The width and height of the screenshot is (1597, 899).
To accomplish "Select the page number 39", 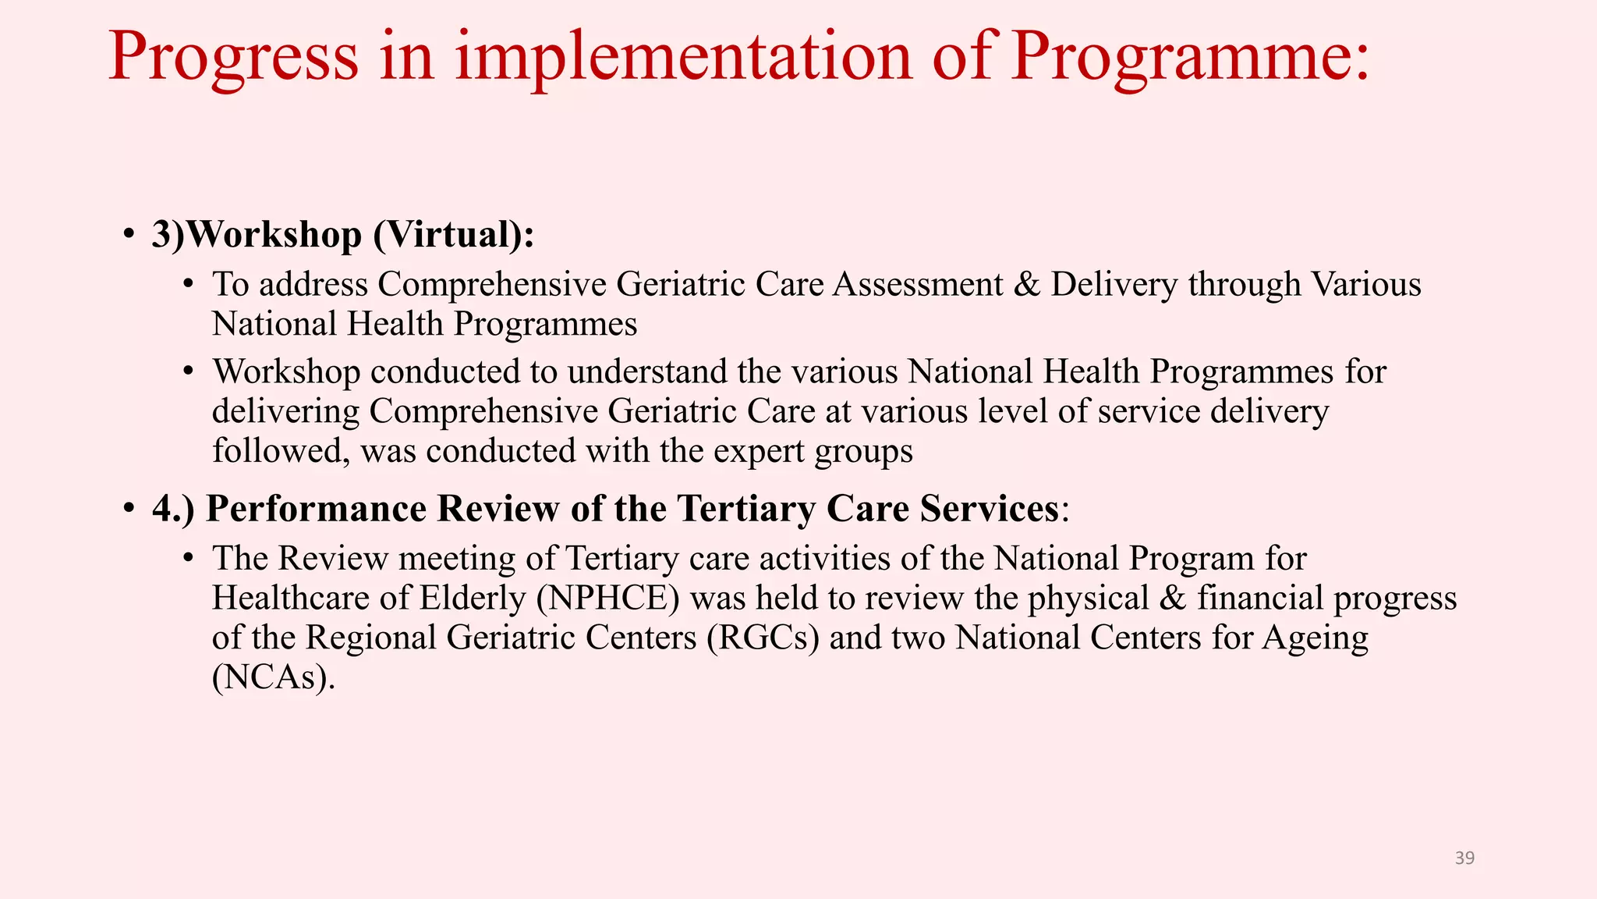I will pos(1464,858).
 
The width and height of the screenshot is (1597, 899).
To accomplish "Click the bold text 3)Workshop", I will pos(257,234).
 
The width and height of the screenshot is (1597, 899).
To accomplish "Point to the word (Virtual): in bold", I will pos(454,234).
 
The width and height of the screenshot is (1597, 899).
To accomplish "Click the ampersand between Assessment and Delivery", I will pos(1027,284).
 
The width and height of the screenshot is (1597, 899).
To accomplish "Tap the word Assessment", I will pos(918,284).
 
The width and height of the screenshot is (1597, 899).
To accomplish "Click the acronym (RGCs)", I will pos(763,638).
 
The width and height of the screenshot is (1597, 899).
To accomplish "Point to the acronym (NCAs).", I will pos(273,677).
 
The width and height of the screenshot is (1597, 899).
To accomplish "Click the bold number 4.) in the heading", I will pos(173,509).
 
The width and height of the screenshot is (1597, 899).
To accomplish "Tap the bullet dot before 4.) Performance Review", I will pos(129,509).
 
